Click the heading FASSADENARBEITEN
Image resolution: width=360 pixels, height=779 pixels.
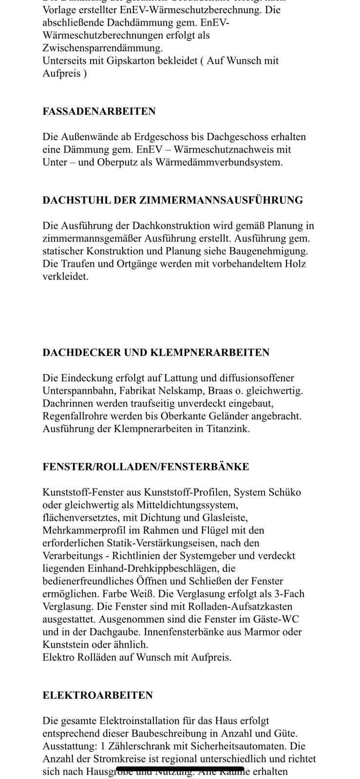tap(99, 111)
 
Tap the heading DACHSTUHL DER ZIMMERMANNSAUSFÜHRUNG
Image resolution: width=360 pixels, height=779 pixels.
tap(172, 200)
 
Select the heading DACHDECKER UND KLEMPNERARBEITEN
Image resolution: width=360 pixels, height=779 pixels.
tap(156, 352)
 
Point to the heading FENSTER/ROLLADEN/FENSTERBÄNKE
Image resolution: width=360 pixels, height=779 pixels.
tap(146, 467)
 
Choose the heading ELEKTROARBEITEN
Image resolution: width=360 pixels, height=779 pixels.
tap(97, 695)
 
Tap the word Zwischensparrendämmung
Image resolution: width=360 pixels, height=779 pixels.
tap(102, 48)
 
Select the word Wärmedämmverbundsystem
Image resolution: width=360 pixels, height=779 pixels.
tap(219, 162)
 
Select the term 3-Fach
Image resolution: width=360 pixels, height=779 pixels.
tap(287, 594)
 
